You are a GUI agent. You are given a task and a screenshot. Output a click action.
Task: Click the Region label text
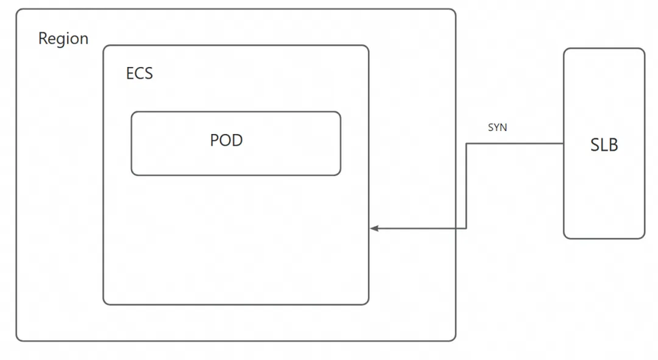click(63, 39)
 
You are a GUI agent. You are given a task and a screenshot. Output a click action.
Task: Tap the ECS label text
click(139, 73)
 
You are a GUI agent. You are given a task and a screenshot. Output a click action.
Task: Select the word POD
click(226, 140)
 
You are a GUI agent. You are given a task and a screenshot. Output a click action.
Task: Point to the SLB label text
click(604, 145)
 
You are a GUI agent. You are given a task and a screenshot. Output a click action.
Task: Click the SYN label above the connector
click(497, 128)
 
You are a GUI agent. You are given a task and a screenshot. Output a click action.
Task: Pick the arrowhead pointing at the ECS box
click(375, 228)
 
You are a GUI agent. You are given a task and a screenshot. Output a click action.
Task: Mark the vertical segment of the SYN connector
click(466, 186)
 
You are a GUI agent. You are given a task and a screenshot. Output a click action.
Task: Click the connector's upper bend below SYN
click(466, 144)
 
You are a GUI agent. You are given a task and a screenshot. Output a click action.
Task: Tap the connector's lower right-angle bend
click(466, 228)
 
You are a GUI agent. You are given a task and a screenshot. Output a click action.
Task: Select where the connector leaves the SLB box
click(564, 144)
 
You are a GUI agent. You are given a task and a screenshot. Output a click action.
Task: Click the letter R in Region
click(43, 39)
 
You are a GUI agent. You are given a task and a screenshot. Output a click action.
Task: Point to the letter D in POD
click(237, 140)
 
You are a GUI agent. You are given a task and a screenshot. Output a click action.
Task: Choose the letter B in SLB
click(613, 145)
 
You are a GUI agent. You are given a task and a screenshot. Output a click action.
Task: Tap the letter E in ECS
click(130, 73)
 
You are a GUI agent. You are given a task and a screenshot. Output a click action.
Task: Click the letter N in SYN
click(503, 128)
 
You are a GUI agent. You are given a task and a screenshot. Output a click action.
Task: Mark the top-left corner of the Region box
click(17, 10)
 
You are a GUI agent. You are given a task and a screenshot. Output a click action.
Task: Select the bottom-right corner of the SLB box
click(644, 238)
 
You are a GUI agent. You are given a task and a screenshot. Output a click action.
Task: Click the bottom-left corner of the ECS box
click(104, 304)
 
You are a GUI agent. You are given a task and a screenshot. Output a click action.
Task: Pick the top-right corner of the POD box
click(340, 113)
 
